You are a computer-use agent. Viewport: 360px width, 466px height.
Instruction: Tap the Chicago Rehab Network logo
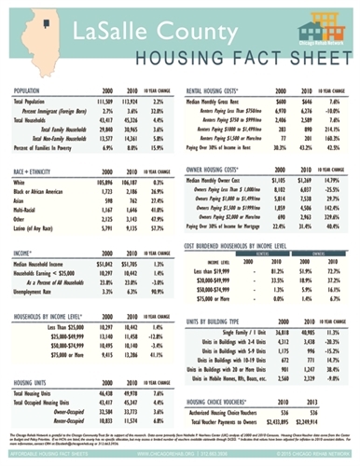coord(319,22)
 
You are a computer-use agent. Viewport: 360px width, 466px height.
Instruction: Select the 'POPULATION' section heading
coord(34,90)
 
